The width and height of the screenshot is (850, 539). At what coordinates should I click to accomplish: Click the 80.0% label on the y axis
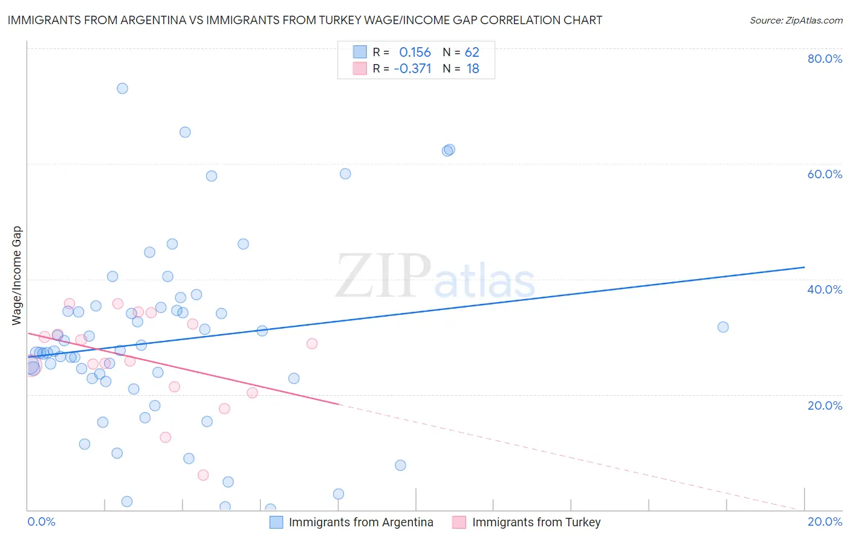(825, 59)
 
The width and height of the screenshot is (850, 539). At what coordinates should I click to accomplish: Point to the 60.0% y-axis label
(825, 174)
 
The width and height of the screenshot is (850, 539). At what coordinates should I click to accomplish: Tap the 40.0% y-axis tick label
(825, 289)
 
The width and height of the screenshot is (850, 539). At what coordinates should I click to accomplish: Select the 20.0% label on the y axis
(825, 405)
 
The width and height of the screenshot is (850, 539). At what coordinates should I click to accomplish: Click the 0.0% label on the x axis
(41, 521)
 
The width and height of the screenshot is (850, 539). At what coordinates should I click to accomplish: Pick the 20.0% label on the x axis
(825, 521)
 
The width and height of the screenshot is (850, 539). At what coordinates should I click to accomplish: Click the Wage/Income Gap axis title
(17, 276)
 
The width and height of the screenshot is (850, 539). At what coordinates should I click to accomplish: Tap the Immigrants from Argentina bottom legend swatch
(276, 522)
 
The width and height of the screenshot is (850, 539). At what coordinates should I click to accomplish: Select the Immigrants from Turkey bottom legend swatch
(459, 522)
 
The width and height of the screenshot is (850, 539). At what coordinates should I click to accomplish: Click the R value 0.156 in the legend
(415, 53)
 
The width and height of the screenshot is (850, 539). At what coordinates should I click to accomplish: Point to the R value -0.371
(412, 69)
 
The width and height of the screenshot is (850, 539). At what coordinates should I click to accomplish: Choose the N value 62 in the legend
(472, 53)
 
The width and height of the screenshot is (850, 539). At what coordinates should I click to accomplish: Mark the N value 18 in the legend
(472, 69)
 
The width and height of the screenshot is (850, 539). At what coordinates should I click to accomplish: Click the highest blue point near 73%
(122, 88)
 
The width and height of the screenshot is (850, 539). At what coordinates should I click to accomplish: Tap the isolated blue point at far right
(723, 327)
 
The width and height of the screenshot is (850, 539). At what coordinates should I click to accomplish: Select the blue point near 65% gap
(185, 132)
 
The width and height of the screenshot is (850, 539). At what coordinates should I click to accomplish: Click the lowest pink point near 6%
(203, 475)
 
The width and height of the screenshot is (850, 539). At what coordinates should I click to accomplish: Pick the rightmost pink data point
(312, 343)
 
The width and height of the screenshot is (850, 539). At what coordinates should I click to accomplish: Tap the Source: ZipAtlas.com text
(796, 21)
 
